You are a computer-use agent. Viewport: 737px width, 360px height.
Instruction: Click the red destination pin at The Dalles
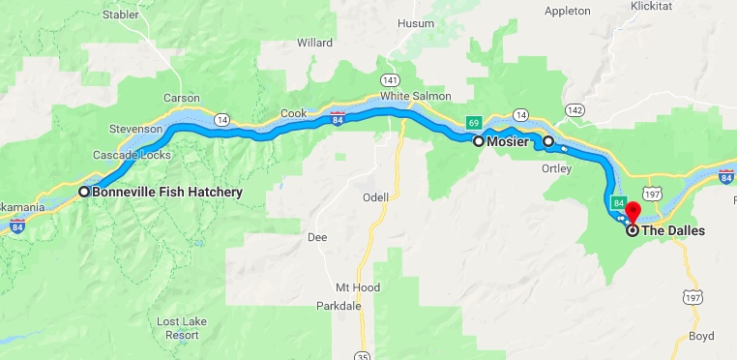[x=633, y=212]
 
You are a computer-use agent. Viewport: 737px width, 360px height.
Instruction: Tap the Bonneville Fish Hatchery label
[x=166, y=192]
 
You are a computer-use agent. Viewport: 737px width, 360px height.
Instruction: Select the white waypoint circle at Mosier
[x=478, y=141]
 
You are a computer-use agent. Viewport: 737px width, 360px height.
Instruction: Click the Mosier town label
[x=509, y=141]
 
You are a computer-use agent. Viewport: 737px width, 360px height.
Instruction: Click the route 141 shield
[x=390, y=78]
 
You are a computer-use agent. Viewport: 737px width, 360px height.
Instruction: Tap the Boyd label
[x=698, y=337]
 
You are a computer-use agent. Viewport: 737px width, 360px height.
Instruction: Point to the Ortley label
[x=556, y=168]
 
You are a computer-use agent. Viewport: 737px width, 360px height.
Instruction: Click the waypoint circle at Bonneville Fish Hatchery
[x=84, y=192]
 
